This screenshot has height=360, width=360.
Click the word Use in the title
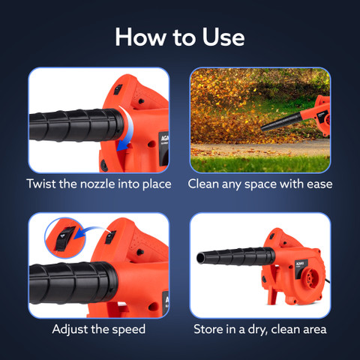pyautogui.click(x=223, y=37)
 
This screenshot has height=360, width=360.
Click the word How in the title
pyautogui.click(x=140, y=37)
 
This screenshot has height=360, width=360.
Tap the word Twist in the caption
pyautogui.click(x=41, y=184)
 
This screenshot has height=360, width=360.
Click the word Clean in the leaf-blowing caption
pyautogui.click(x=203, y=184)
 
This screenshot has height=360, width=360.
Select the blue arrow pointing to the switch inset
pyautogui.click(x=91, y=231)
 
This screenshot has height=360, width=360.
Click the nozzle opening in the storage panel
pyautogui.click(x=201, y=258)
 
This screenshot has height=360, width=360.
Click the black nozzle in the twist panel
pyautogui.click(x=76, y=125)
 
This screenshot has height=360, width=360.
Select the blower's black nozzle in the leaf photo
pyautogui.click(x=281, y=122)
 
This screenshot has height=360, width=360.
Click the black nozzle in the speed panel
pyautogui.click(x=73, y=283)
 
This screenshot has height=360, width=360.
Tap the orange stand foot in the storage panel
pyautogui.click(x=273, y=295)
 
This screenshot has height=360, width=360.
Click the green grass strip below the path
pyautogui.click(x=260, y=163)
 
